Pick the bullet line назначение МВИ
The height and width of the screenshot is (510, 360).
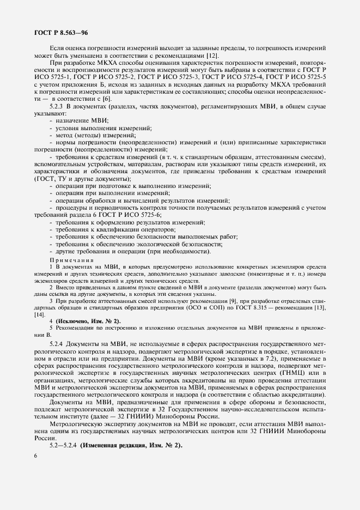(x=81, y=122)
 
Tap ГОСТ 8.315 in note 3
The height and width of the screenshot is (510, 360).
(x=259, y=308)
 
